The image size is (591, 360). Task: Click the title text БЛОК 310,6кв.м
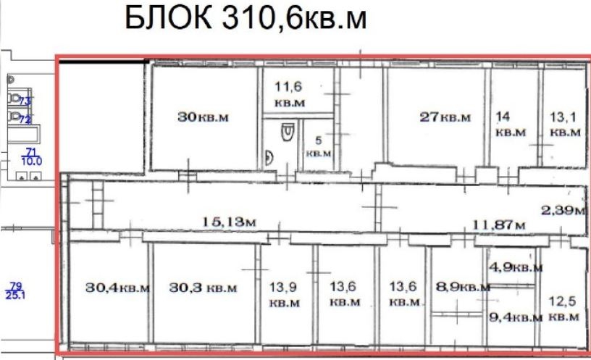click(246, 18)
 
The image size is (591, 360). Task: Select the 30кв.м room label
click(203, 117)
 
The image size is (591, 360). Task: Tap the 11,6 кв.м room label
click(289, 95)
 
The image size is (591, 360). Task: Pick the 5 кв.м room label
click(319, 146)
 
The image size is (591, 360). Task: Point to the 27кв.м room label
click(445, 117)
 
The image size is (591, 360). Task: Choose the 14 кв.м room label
click(510, 124)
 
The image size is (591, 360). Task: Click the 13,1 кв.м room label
click(565, 124)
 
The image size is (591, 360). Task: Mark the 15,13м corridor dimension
click(229, 222)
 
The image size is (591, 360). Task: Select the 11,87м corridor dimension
click(498, 225)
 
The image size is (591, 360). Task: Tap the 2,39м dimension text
click(563, 209)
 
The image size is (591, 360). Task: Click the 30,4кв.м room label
click(117, 288)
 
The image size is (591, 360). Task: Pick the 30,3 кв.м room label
click(203, 288)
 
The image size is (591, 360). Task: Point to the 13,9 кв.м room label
click(284, 295)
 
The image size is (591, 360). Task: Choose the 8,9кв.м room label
click(464, 287)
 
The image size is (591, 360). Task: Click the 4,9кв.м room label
click(516, 267)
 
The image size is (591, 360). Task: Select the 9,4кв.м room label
click(516, 317)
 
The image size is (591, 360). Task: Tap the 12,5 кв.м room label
click(563, 309)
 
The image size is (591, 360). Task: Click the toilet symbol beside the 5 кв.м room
click(288, 132)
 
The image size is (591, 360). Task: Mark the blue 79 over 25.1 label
click(15, 291)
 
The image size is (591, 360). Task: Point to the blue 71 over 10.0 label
click(32, 157)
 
